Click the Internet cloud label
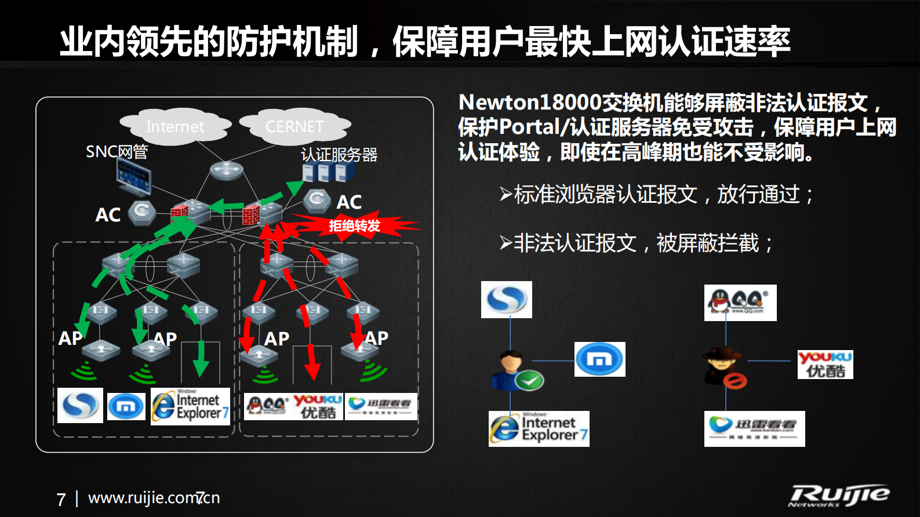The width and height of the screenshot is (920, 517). click(175, 126)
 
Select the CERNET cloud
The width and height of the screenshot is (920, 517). click(294, 126)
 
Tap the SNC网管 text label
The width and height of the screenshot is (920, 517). click(117, 152)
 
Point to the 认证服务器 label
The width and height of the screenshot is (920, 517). click(339, 155)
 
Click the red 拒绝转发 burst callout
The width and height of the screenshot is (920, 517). click(354, 225)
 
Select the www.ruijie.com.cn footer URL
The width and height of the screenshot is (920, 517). click(154, 498)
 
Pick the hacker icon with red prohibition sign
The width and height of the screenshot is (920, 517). click(724, 367)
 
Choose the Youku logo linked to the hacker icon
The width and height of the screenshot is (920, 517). click(825, 365)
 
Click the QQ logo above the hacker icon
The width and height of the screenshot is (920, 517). click(740, 303)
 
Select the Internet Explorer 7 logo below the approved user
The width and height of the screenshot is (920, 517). click(539, 429)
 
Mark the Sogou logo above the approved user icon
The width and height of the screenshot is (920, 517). click(506, 300)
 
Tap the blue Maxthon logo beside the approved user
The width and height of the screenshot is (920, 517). click(599, 359)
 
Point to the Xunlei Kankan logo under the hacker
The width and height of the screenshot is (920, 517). click(754, 429)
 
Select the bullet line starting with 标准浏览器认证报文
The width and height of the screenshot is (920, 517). click(657, 195)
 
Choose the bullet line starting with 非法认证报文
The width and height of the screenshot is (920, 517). click(637, 243)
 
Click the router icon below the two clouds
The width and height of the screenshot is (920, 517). click(226, 170)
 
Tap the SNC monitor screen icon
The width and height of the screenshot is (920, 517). click(133, 175)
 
